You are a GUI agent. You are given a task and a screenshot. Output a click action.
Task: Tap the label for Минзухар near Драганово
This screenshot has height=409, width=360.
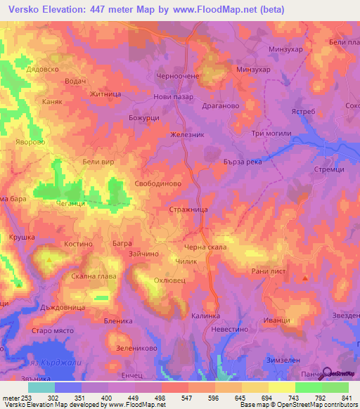[x=258, y=70]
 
